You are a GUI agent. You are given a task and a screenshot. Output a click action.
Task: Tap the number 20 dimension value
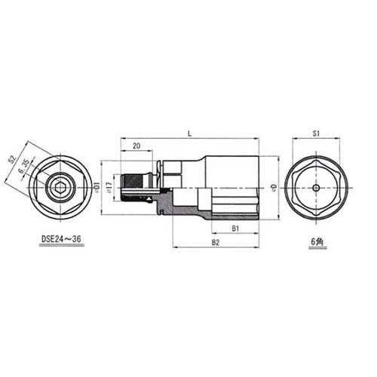click(136, 146)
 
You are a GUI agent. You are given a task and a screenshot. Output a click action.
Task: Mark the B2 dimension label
click(215, 242)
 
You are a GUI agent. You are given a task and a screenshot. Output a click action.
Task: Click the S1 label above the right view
click(317, 133)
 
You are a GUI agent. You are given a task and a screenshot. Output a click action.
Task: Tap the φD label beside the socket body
click(274, 185)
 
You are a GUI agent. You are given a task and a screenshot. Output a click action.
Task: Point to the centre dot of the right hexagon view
click(317, 187)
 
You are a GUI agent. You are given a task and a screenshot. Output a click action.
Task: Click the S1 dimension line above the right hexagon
click(317, 140)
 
